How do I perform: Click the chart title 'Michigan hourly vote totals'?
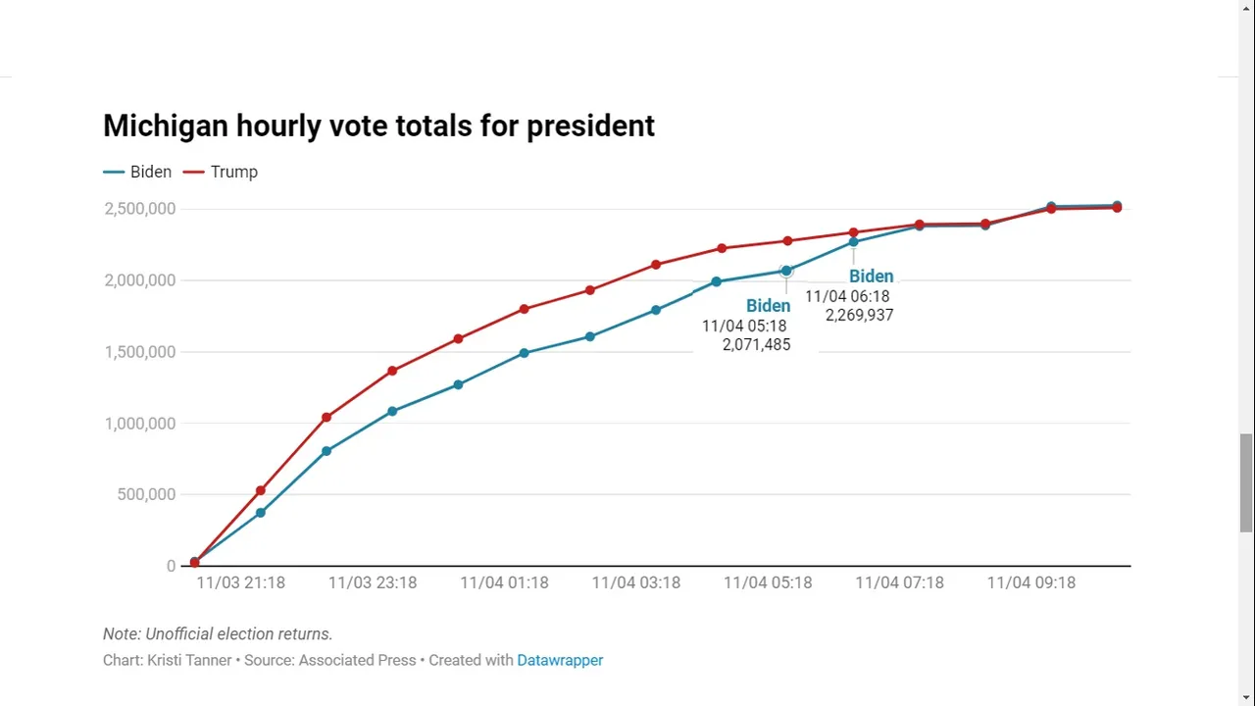(x=378, y=126)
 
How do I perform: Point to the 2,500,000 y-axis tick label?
(x=140, y=209)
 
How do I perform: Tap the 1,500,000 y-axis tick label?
(x=140, y=352)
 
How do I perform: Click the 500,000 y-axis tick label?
(x=146, y=495)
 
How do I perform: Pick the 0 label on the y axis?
(x=171, y=567)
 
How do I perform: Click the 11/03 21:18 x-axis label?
(x=240, y=582)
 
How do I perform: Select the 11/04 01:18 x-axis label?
(x=504, y=582)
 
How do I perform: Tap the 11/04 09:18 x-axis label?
(x=1030, y=582)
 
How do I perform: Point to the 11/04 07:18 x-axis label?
(x=899, y=582)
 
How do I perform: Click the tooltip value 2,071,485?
(x=756, y=345)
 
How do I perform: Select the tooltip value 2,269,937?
(x=859, y=316)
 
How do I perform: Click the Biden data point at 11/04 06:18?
(x=853, y=242)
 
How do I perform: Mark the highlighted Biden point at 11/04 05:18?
(x=786, y=271)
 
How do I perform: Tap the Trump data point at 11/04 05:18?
(x=787, y=241)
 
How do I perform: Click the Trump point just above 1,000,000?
(x=326, y=418)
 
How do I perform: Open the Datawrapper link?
(x=560, y=661)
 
